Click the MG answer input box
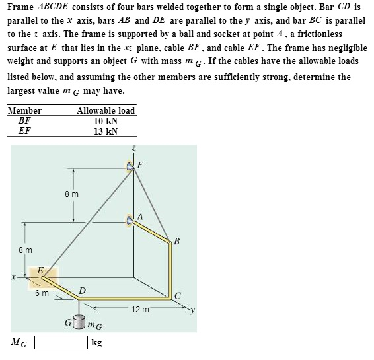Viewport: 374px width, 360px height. (61, 343)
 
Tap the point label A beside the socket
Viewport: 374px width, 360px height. (139, 216)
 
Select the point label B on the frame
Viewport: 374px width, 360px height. (176, 240)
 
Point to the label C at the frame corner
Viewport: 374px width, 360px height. (178, 295)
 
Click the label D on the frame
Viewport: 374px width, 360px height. (81, 290)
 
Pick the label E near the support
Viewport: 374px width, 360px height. (41, 270)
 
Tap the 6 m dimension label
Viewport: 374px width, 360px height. (42, 293)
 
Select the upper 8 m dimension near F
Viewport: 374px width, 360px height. (72, 194)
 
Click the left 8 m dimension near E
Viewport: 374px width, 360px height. (24, 250)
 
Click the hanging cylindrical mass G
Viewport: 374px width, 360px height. (80, 323)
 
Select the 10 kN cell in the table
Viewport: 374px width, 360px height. (106, 121)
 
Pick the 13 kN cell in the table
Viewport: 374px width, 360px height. (106, 131)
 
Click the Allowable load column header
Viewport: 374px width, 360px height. (106, 110)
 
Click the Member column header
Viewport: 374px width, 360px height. (24, 110)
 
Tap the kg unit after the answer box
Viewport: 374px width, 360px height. (96, 343)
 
